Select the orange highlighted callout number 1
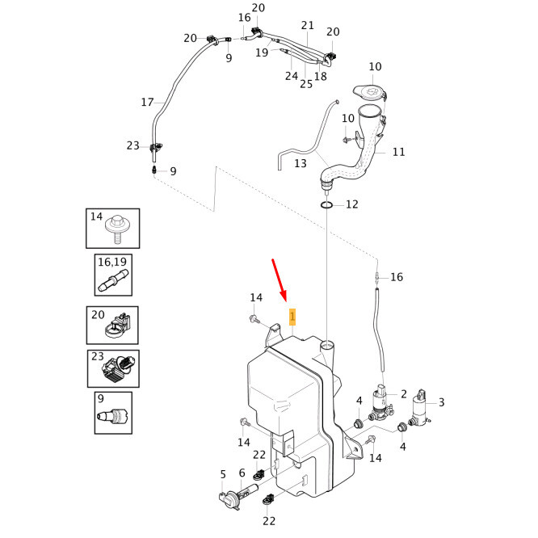coord(292,316)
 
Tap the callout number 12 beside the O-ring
coord(351,204)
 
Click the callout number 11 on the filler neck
coord(398,151)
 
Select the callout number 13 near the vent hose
coord(301,163)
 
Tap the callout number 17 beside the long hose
coord(147,103)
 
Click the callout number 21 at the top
coord(307,25)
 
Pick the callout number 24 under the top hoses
coord(292,76)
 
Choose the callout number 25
coord(306,83)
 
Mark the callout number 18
coord(321,76)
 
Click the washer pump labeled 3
coord(420,410)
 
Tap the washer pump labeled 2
coord(379,403)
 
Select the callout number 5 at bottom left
coord(223,474)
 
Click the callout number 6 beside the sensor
coord(242,473)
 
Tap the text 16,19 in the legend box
coord(112,263)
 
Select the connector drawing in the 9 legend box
coord(112,416)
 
